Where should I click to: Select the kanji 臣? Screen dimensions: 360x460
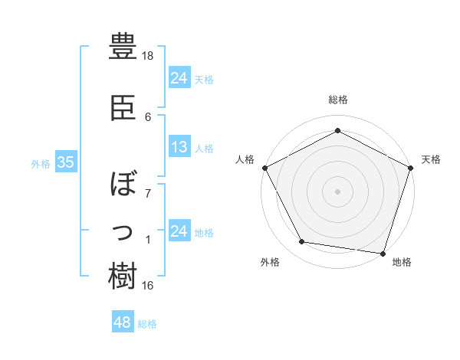pos(123,108)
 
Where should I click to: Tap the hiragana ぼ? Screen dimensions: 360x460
pos(123,185)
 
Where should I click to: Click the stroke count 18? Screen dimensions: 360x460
pos(148,56)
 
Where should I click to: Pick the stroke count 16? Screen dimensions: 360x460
pos(148,286)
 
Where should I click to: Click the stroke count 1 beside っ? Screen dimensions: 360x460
pos(148,241)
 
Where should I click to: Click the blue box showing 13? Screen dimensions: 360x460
pos(179,148)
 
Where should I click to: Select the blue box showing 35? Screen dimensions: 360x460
pos(66,162)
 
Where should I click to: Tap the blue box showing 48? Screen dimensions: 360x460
pos(123,323)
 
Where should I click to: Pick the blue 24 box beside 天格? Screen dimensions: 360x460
pos(179,78)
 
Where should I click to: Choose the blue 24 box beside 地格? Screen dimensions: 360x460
pos(179,231)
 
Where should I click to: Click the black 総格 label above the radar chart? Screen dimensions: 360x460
pos(338,100)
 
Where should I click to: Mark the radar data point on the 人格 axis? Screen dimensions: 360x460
pos(264,167)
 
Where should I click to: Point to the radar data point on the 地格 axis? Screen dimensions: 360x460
pos(383,253)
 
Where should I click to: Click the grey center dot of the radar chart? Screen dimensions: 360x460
pos(338,191)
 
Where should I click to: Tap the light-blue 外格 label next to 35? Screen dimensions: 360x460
pos(40,163)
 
